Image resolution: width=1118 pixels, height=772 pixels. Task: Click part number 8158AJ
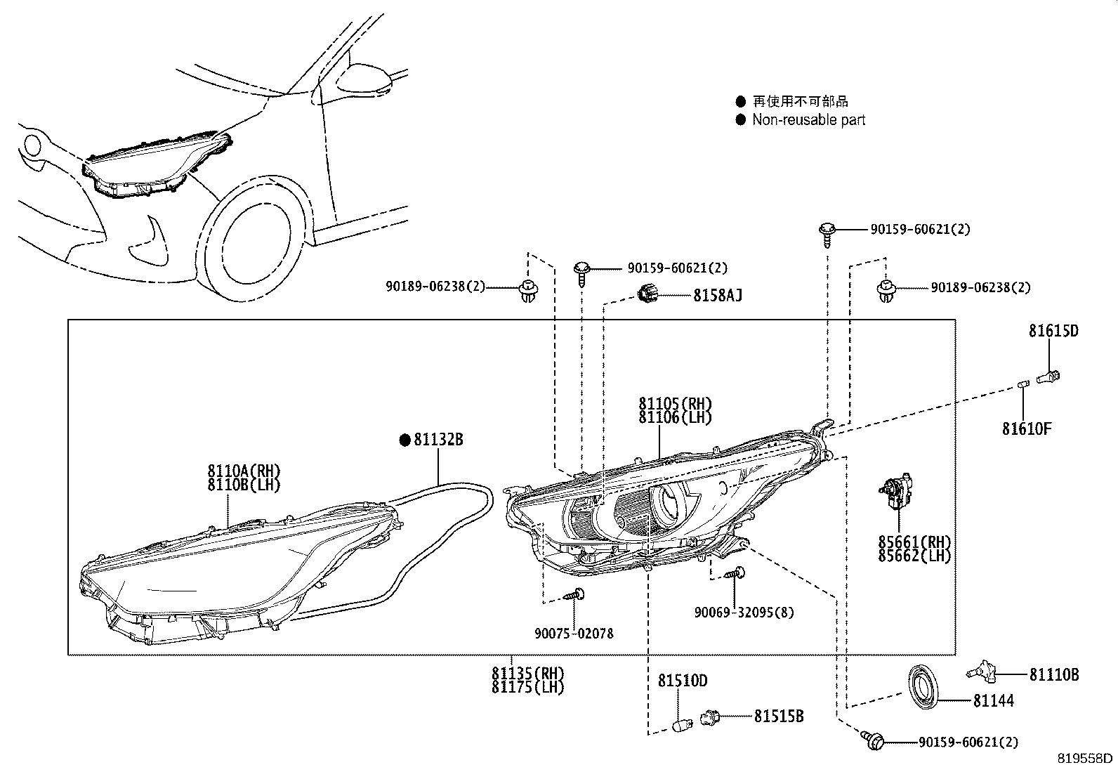click(717, 295)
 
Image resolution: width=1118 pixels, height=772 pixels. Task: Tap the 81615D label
click(1053, 331)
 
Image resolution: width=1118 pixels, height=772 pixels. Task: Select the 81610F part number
click(1026, 428)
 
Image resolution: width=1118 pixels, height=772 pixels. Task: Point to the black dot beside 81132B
click(405, 440)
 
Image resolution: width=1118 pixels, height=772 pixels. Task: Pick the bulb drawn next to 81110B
click(982, 673)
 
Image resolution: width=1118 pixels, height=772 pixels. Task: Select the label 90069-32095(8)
click(744, 612)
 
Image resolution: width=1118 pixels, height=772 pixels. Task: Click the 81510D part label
click(682, 681)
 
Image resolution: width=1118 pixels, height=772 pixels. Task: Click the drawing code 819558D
click(1086, 759)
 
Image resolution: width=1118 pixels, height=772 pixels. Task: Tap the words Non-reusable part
click(808, 120)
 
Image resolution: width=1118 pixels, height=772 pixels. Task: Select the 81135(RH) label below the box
click(527, 673)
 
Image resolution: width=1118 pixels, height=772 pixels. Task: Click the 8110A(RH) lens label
click(244, 471)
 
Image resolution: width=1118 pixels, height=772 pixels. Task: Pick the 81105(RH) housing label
click(675, 404)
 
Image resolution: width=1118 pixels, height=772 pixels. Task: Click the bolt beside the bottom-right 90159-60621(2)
click(873, 739)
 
